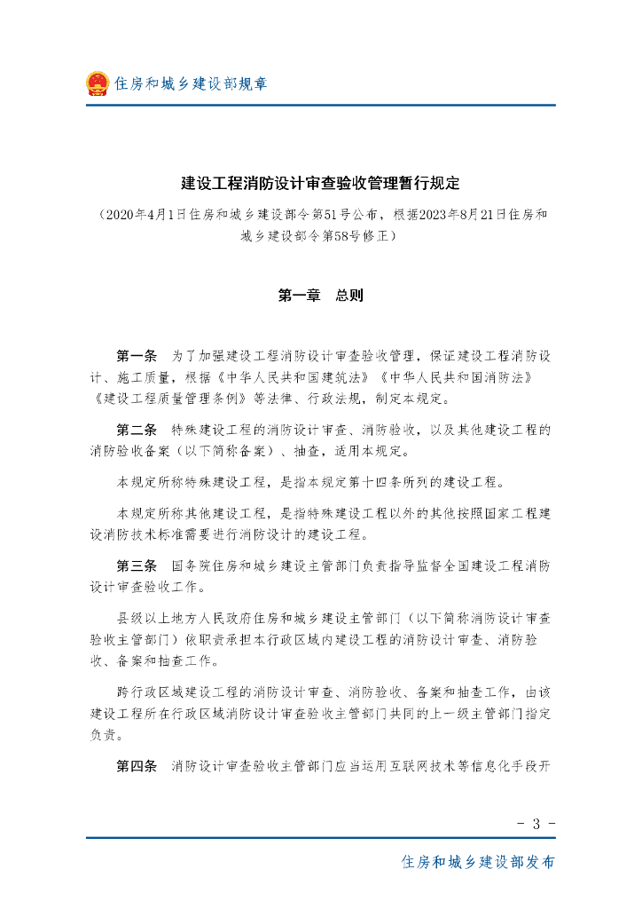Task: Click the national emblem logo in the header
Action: coord(97,83)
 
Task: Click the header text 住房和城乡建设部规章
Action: coord(191,84)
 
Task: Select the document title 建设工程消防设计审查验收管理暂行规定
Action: coord(321,184)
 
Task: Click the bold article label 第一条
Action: coord(137,356)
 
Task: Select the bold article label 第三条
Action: coord(137,565)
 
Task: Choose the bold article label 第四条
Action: coord(137,765)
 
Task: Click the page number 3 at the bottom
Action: coord(536,823)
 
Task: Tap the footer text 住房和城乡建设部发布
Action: coord(479,862)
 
